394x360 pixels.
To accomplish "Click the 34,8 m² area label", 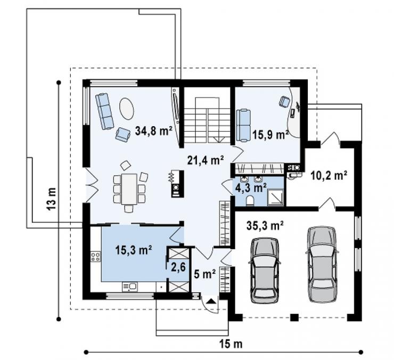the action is pos(153,130).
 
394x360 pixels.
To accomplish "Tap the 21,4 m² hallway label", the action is pos(206,160).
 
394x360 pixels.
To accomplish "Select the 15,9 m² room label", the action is pos(270,135).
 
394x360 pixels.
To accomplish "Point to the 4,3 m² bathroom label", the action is pos(251,187).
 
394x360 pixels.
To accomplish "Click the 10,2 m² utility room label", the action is pos(329,176).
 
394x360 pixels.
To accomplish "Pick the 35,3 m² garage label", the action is pos(265,225).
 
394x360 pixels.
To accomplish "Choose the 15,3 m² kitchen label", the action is pos(134,250).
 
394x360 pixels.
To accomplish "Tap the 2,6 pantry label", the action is pos(178,267).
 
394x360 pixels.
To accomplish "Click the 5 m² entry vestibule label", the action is pos(205,274).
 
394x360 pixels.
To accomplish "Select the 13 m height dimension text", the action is pos(52,199).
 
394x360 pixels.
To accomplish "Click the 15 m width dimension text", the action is pos(231,344).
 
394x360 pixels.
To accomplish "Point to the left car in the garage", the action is pos(265,270).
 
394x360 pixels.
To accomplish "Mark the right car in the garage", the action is pos(322,264).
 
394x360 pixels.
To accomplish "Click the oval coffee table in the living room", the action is pos(127,109).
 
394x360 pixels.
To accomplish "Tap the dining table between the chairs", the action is pos(129,189).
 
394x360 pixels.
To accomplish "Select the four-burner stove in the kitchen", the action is pos(96,257).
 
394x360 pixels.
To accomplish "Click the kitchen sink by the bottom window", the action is pos(130,287).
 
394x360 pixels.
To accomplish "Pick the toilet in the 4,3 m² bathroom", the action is pos(250,201).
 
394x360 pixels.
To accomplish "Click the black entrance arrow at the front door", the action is pos(211,301).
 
